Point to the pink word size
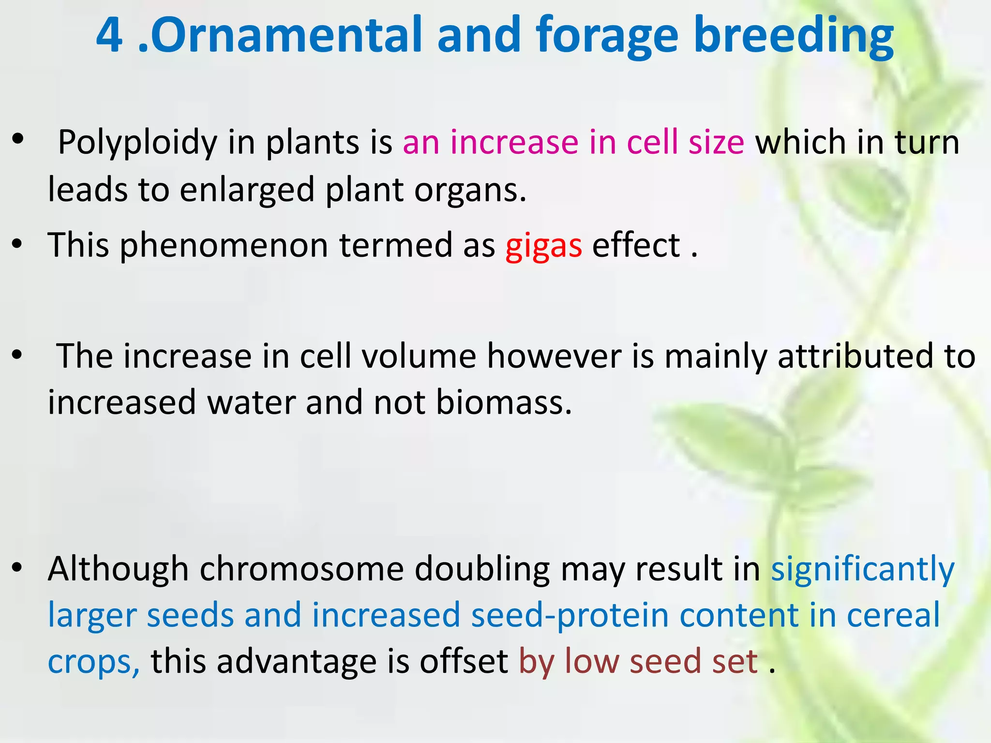tap(717, 143)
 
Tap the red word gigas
tap(543, 246)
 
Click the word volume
tap(419, 357)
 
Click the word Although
tap(118, 569)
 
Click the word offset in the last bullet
tap(464, 661)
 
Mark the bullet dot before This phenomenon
tap(17, 245)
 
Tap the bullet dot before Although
tap(17, 568)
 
